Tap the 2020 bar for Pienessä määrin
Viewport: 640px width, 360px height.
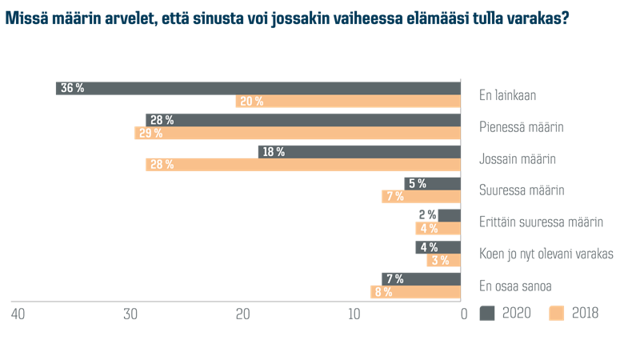pos(303,120)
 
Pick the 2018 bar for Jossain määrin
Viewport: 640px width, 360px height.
pos(303,165)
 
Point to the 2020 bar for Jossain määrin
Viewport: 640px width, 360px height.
pos(359,151)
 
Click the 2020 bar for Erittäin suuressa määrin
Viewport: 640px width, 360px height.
pos(450,215)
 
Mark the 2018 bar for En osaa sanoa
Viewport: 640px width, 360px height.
pos(415,292)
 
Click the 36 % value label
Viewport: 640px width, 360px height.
pos(73,88)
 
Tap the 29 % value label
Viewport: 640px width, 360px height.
pos(150,134)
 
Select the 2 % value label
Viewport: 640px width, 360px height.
pos(427,215)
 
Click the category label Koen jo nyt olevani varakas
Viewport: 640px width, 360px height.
pos(546,254)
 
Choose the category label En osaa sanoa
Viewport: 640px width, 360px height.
pos(516,286)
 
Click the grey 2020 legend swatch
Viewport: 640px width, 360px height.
pos(488,314)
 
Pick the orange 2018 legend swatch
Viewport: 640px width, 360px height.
pos(558,314)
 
